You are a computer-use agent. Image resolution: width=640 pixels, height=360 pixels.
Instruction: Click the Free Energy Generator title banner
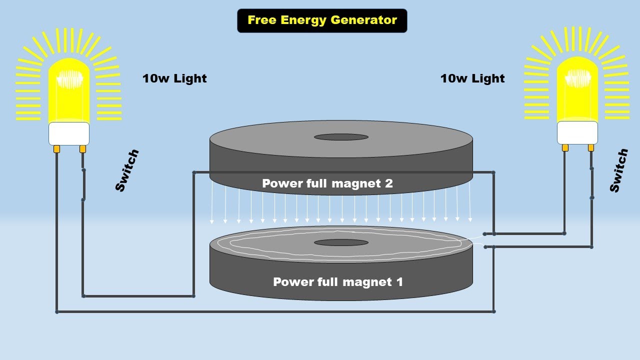(322, 20)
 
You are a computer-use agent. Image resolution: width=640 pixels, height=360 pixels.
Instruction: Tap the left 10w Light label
(174, 78)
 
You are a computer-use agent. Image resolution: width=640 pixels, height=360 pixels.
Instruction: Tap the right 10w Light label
(472, 78)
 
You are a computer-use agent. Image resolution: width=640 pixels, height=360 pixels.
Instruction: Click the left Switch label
(127, 170)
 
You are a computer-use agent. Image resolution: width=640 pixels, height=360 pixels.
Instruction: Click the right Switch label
(618, 170)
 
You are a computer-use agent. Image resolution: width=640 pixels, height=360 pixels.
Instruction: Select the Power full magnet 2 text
(327, 183)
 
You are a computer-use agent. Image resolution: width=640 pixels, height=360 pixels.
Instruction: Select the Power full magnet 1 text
(337, 282)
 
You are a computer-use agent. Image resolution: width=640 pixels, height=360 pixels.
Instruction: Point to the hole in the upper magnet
(341, 137)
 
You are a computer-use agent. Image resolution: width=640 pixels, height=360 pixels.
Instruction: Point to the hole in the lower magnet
(341, 242)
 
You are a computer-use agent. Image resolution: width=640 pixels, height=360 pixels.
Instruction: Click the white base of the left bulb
(69, 133)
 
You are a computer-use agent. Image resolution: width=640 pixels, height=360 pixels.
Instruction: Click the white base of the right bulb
(577, 132)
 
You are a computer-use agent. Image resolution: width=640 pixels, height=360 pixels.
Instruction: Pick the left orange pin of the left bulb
(56, 149)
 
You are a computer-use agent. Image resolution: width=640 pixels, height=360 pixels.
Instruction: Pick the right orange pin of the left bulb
(82, 149)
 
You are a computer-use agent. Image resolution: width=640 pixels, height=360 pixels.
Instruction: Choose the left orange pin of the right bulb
(565, 147)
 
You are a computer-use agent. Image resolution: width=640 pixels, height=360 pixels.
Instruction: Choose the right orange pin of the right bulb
(591, 147)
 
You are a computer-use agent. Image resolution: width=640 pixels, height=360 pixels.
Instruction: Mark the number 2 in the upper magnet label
(388, 183)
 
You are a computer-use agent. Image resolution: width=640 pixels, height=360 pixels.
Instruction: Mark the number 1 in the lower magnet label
(399, 282)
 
